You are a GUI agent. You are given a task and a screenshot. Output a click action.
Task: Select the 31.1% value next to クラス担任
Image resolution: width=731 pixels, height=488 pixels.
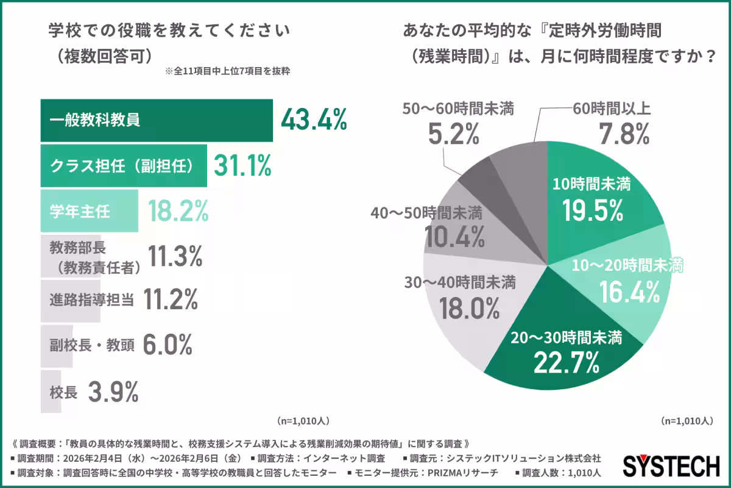click(242, 165)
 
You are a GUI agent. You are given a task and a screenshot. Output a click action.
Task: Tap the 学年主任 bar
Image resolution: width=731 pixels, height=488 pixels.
click(89, 211)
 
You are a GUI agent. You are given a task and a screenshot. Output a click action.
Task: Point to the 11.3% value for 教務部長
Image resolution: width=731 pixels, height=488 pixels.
click(175, 257)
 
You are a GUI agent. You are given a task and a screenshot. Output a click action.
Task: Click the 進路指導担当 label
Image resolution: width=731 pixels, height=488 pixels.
click(91, 300)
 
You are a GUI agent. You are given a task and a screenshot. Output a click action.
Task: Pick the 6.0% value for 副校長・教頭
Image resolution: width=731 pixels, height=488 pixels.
click(168, 346)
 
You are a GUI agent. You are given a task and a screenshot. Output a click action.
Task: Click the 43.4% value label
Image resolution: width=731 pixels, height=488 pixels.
click(314, 120)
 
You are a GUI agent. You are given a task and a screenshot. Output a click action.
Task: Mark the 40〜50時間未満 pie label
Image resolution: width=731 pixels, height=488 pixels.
click(426, 213)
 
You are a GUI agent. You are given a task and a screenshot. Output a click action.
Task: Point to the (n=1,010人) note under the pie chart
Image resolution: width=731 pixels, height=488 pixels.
click(687, 421)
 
